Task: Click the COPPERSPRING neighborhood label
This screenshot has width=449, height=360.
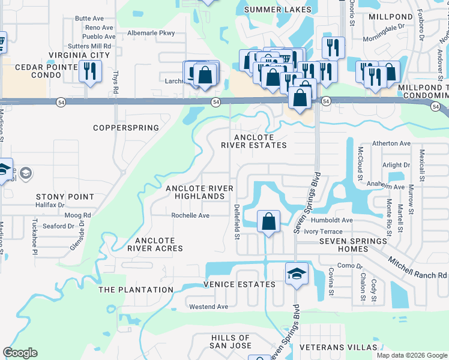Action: pyautogui.click(x=126, y=128)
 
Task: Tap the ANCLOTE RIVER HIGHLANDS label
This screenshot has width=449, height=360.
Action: pyautogui.click(x=199, y=192)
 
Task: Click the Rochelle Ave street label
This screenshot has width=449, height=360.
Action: pyautogui.click(x=190, y=215)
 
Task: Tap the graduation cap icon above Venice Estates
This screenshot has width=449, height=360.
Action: pyautogui.click(x=297, y=273)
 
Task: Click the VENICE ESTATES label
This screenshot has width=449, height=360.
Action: pyautogui.click(x=240, y=284)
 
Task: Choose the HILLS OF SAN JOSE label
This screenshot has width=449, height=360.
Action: pyautogui.click(x=230, y=341)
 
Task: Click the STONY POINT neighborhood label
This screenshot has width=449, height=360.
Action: pyautogui.click(x=65, y=197)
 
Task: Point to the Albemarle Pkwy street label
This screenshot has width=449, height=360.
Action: pyautogui.click(x=151, y=34)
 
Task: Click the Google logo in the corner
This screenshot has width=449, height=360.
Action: pyautogui.click(x=20, y=353)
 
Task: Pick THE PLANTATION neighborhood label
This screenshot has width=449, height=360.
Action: pyautogui.click(x=136, y=290)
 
